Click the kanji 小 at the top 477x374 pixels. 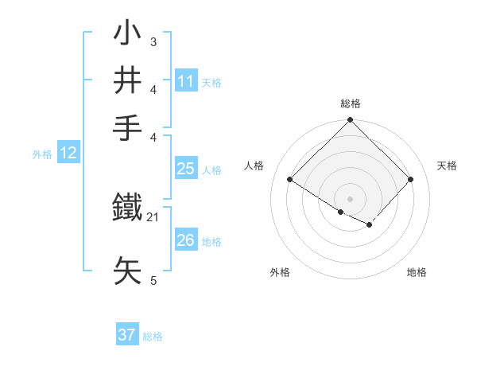(129, 35)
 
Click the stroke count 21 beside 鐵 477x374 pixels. (153, 216)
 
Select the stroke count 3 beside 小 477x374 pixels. (153, 41)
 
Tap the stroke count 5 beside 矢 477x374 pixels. (153, 280)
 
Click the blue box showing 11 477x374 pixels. (186, 81)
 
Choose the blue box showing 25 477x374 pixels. (186, 169)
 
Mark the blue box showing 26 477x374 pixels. (186, 240)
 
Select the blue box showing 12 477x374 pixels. (68, 154)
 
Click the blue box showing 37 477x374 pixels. (127, 335)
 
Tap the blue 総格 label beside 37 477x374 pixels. (153, 337)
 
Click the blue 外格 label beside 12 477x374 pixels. (42, 154)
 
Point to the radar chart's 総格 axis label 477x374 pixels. (350, 103)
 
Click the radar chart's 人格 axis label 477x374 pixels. (254, 166)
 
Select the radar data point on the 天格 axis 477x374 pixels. (410, 179)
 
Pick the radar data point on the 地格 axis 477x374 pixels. (369, 225)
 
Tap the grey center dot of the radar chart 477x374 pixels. (350, 198)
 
